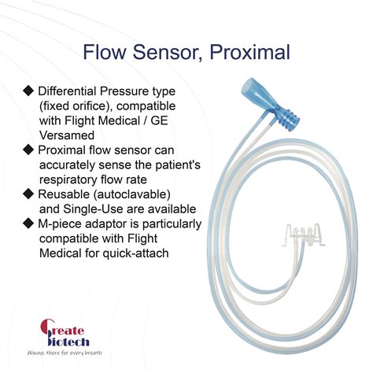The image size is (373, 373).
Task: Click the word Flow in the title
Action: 106,53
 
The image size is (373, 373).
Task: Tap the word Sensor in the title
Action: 166,53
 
